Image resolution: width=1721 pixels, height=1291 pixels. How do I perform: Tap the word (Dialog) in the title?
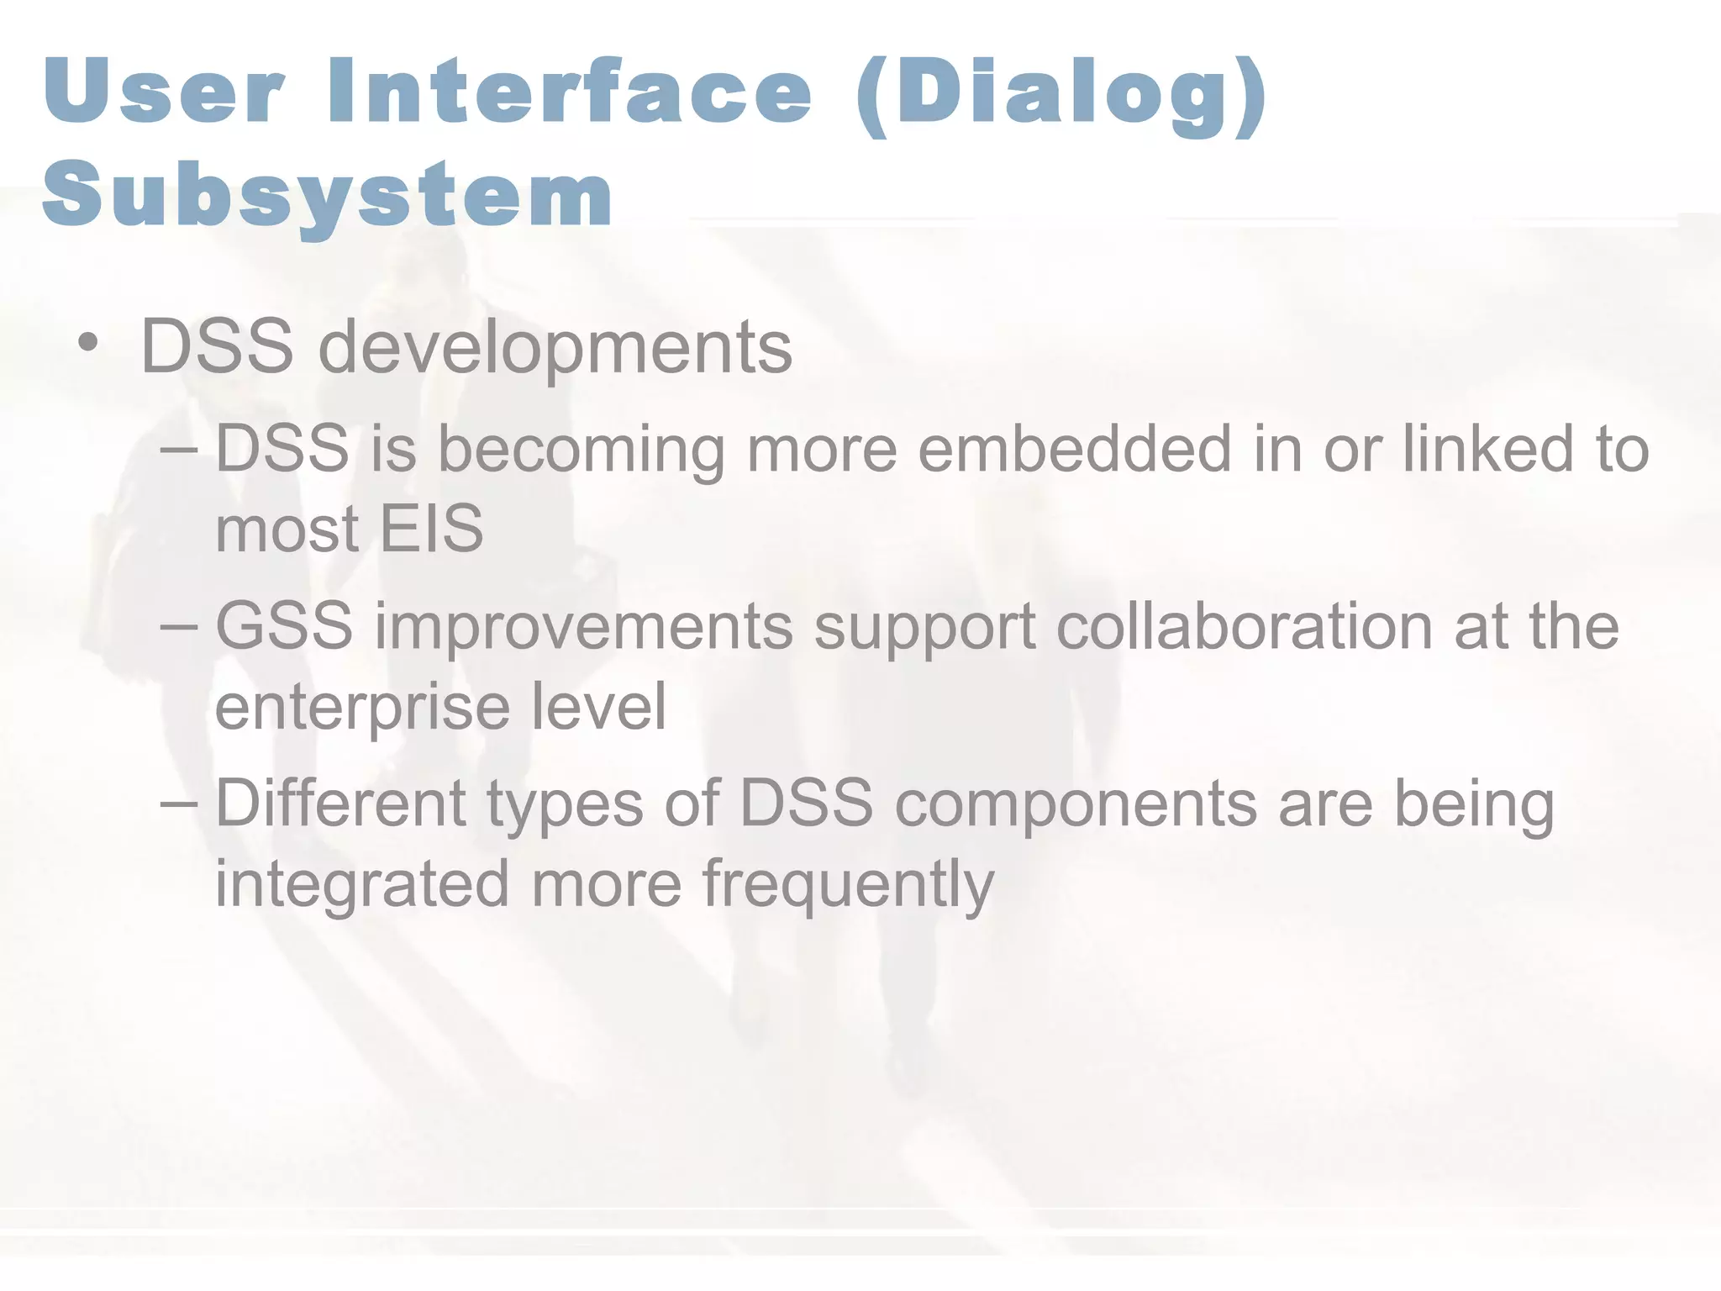tap(1060, 94)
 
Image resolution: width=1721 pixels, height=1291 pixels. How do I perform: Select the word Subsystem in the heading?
tap(328, 195)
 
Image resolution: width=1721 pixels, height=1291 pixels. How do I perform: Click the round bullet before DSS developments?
tap(88, 344)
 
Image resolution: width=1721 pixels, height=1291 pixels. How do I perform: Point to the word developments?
tap(555, 349)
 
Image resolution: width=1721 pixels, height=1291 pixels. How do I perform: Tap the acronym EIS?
tap(431, 529)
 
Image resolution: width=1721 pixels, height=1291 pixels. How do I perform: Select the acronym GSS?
tap(284, 626)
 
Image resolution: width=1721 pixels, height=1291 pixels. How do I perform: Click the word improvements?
tap(583, 629)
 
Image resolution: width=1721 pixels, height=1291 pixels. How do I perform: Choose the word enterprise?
tap(361, 709)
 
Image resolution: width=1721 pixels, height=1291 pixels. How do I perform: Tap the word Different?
tap(340, 803)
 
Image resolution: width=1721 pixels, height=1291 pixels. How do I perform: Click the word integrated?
tap(361, 885)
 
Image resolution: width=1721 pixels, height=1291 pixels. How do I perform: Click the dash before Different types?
tap(178, 803)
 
